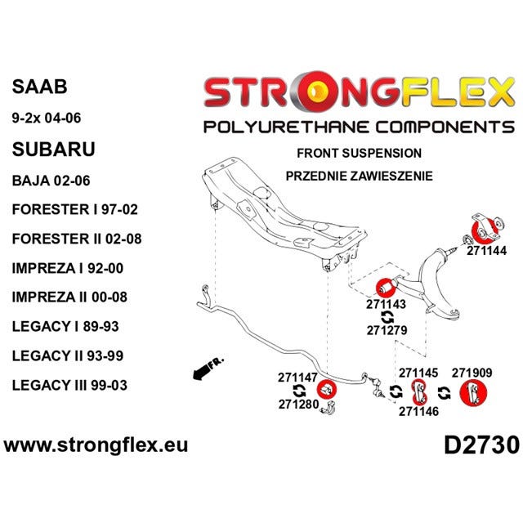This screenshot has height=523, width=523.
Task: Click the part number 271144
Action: [x=486, y=251]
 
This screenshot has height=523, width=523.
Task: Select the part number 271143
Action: [x=386, y=304]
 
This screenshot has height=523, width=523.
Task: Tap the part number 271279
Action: [x=387, y=330]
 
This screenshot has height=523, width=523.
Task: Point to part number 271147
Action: [x=297, y=378]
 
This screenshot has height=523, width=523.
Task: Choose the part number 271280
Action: [x=298, y=405]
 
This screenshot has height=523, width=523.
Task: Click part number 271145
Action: [x=418, y=373]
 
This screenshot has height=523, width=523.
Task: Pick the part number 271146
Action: [x=418, y=412]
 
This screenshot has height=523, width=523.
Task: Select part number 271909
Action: [x=472, y=373]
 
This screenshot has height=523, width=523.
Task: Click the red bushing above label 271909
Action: [x=473, y=394]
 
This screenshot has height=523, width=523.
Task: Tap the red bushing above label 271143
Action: [x=386, y=287]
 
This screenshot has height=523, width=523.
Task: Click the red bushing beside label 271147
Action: [x=326, y=389]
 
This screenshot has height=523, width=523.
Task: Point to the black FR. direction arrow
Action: [x=204, y=370]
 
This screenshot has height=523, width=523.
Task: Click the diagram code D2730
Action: [x=481, y=445]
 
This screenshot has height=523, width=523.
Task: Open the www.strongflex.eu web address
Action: [x=96, y=445]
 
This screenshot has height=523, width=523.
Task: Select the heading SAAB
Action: [x=39, y=87]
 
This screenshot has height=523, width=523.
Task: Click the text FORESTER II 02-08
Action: [x=77, y=239]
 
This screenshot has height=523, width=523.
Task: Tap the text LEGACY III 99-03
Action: [x=69, y=385]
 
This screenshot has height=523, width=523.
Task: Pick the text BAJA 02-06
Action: [x=51, y=181]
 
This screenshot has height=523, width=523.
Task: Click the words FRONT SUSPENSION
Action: [x=360, y=153]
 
